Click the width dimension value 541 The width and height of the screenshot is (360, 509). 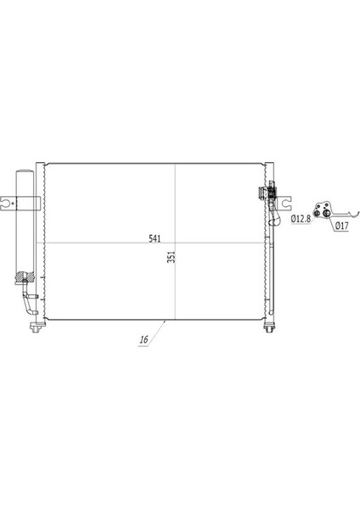[x=155, y=238]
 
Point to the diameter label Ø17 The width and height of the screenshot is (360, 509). [x=339, y=226]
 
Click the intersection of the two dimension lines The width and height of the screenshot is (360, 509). [x=175, y=243]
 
